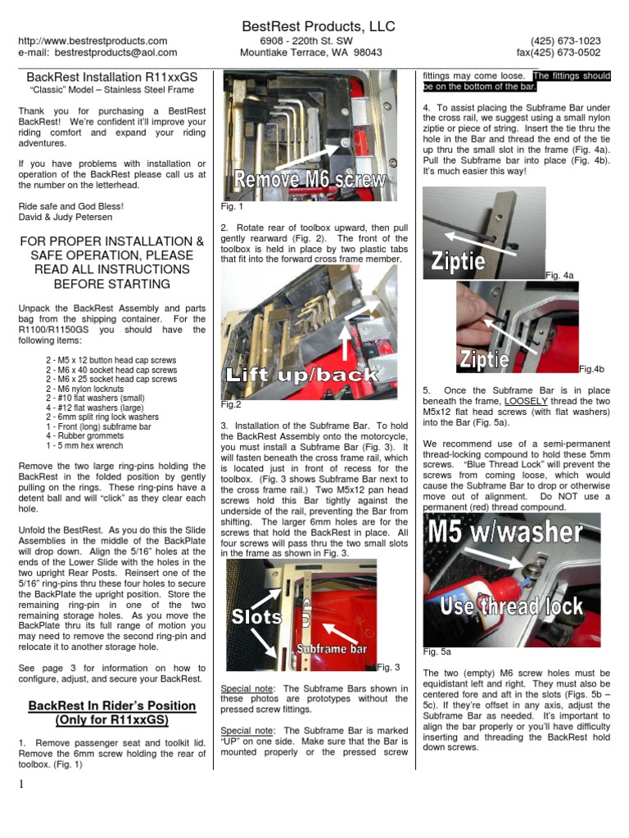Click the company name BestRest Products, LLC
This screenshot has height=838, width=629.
(319, 27)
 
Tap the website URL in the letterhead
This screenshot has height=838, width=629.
(93, 41)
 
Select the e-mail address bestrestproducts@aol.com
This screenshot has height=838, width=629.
(97, 52)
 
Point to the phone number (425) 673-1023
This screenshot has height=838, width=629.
(565, 41)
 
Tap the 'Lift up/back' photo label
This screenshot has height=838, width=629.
(302, 376)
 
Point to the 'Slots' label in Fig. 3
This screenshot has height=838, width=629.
(256, 616)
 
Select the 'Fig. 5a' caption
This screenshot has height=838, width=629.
(437, 652)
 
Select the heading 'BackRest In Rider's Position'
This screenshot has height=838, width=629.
(112, 705)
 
